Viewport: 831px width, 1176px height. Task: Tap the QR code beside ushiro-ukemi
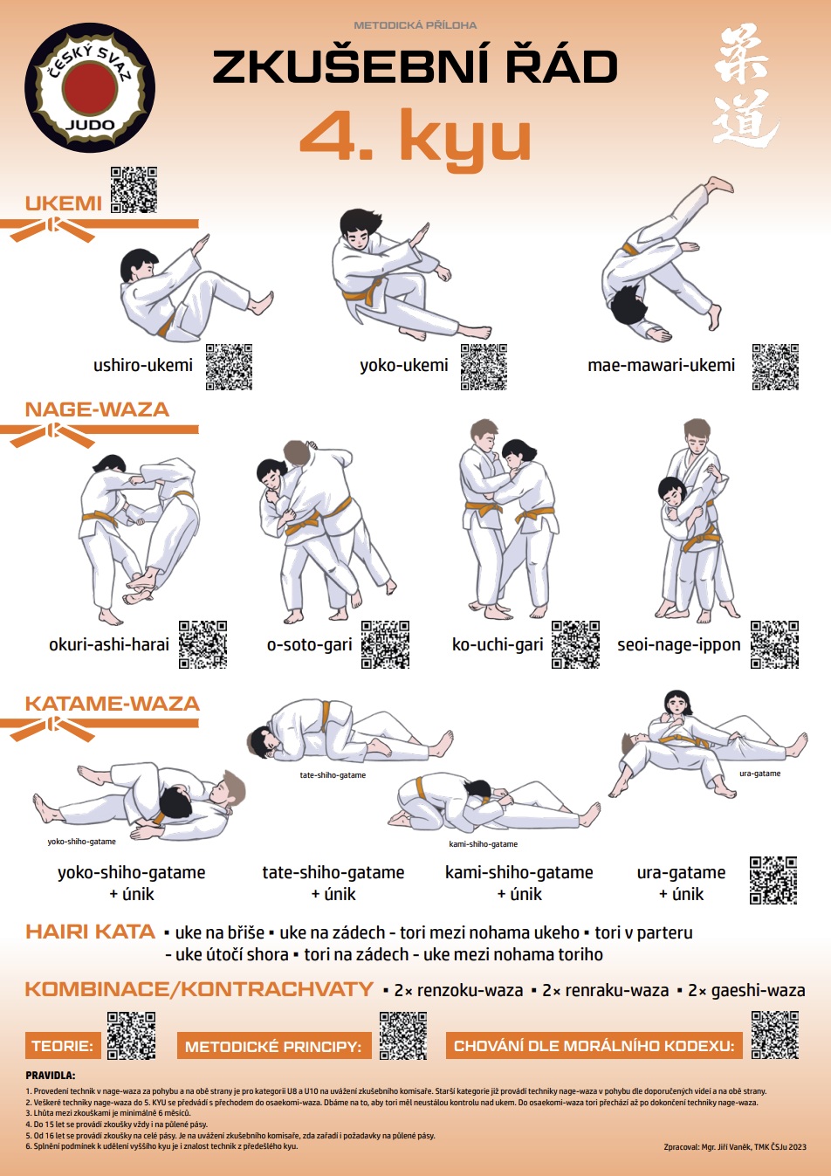click(x=229, y=367)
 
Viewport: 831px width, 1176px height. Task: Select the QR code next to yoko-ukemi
click(x=484, y=367)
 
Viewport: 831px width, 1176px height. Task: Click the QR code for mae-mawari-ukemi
click(x=775, y=367)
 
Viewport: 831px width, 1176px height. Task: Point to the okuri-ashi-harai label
click(x=109, y=644)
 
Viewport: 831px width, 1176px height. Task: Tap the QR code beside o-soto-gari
click(x=385, y=644)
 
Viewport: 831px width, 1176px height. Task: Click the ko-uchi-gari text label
click(x=498, y=644)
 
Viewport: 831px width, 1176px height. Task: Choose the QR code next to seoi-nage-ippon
click(x=774, y=644)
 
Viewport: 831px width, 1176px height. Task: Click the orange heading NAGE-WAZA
click(x=97, y=409)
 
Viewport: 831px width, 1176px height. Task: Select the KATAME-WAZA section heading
click(x=113, y=704)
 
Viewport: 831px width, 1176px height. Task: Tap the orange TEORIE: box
click(x=63, y=1046)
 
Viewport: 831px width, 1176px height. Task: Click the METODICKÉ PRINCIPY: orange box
click(x=274, y=1046)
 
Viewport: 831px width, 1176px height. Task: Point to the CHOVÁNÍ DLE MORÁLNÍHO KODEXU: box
click(x=594, y=1046)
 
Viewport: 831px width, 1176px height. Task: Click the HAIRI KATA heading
click(x=90, y=932)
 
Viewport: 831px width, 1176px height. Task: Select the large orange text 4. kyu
click(x=415, y=135)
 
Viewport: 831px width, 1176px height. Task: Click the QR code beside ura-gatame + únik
click(x=773, y=880)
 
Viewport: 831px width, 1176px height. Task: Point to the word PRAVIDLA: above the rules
click(x=51, y=1076)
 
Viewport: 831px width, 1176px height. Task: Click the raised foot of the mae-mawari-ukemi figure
click(x=720, y=185)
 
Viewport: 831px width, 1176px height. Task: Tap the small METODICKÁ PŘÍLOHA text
click(x=415, y=24)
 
